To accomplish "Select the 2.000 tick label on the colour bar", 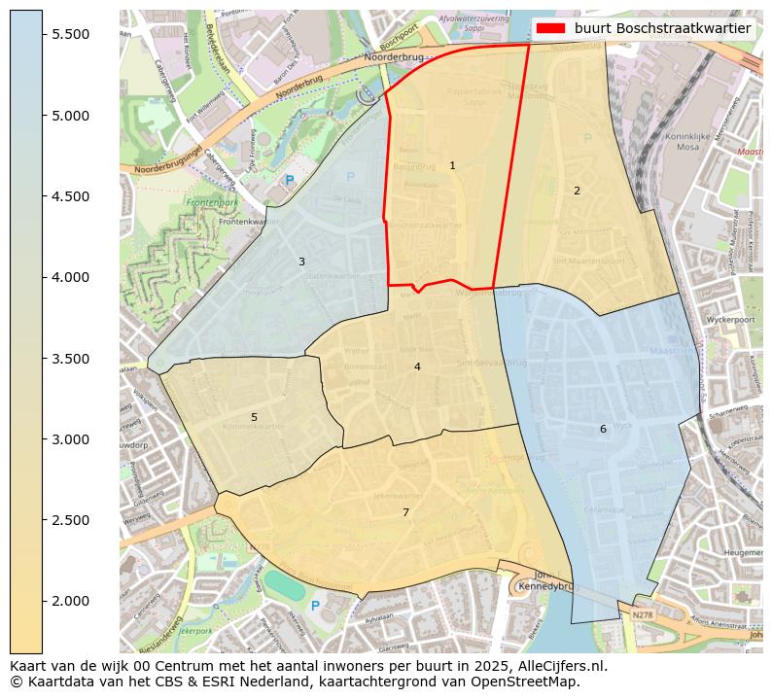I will tap(70, 601).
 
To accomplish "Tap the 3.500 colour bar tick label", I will tap(70, 359).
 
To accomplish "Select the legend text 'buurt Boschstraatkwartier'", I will tap(662, 28).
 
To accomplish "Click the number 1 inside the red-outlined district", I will tap(452, 166).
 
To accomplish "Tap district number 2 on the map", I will tap(577, 191).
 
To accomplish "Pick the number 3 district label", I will tap(301, 262).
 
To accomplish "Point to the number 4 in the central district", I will tap(417, 367).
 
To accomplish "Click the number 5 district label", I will tap(255, 417).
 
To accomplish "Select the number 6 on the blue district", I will tap(603, 429).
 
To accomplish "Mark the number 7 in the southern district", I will tap(405, 512).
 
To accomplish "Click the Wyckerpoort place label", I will tap(730, 319).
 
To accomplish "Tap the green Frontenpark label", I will tap(212, 203).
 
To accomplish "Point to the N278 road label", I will tap(642, 614).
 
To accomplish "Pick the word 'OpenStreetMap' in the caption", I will tap(526, 682).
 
